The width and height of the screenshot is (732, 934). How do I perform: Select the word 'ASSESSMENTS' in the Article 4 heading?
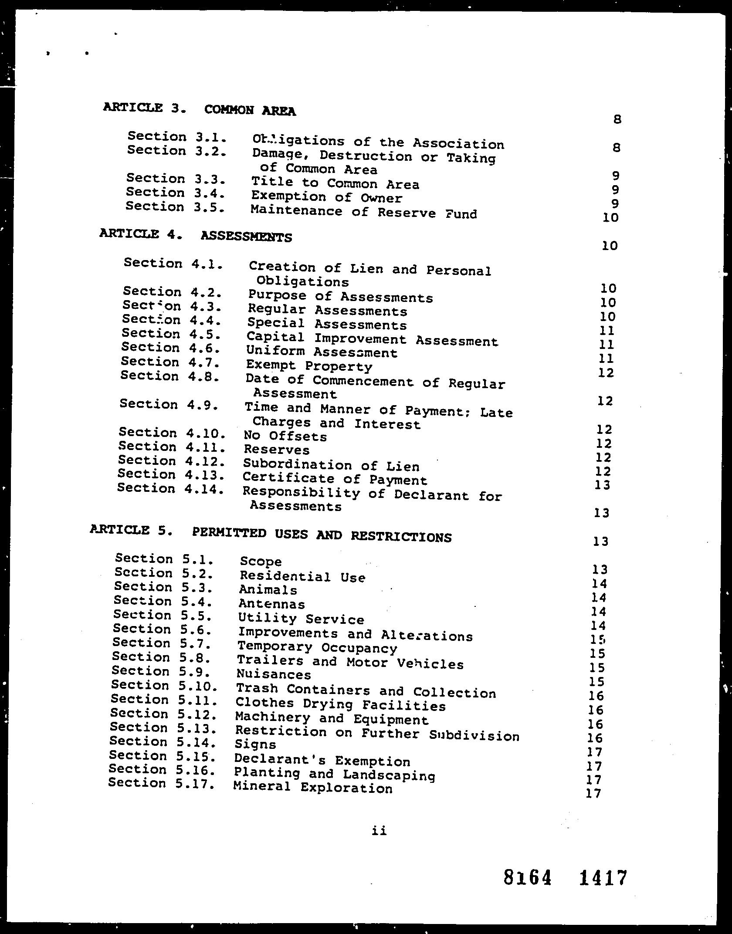coord(246,237)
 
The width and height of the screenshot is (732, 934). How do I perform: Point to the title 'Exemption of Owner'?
coord(326,197)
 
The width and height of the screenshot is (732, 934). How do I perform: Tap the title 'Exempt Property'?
coord(309,366)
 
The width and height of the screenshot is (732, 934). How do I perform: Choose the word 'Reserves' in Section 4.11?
coord(277,449)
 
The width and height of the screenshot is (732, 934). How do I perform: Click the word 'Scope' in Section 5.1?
coord(261,562)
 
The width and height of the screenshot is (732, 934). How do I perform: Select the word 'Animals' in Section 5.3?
coord(268,590)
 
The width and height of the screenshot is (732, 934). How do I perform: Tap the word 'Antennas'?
coord(271,604)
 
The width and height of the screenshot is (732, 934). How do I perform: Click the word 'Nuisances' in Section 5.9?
coord(274,674)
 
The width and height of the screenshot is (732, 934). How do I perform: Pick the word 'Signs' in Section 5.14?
coord(255,744)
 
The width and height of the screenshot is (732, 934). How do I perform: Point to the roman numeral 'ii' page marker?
coord(379,831)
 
